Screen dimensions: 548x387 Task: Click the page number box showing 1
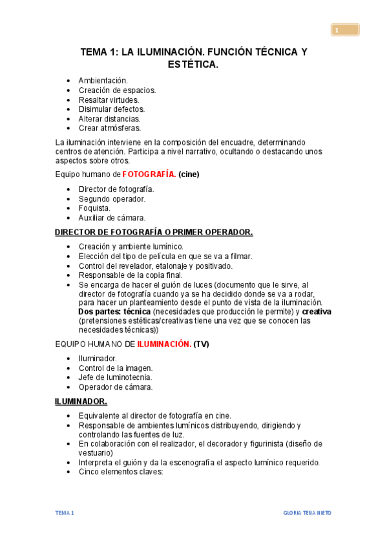[346, 30]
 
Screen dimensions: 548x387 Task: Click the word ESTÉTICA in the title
[193, 65]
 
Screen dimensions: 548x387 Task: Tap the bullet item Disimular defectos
[112, 109]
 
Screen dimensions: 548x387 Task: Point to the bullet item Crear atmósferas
[109, 128]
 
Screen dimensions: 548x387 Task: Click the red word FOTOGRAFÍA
[149, 174]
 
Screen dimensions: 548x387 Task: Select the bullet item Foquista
[94, 209]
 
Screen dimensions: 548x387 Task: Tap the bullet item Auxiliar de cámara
[112, 218]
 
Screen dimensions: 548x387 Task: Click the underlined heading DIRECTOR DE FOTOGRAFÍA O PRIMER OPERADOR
[154, 233]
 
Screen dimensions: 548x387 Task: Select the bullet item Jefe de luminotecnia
[115, 377]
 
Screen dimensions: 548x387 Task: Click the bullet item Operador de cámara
[116, 387]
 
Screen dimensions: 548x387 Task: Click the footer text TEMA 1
[65, 513]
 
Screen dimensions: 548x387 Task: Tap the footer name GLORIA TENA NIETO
[308, 513]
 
